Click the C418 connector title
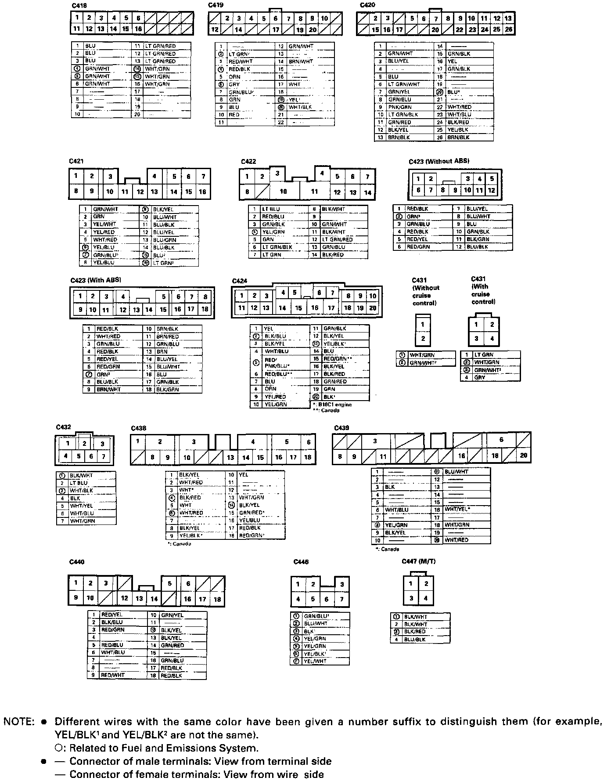point(80,5)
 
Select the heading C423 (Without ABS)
point(439,161)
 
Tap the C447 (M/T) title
point(418,561)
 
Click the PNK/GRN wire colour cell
point(399,107)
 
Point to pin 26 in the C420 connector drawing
point(508,30)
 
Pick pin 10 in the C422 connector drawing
point(283,192)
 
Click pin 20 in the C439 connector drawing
point(523,456)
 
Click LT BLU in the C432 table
point(79,483)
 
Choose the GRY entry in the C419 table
point(234,84)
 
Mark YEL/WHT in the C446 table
point(315,661)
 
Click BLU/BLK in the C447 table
point(415,640)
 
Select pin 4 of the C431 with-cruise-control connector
point(492,339)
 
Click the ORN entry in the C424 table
point(270,389)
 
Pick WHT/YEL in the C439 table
point(457,509)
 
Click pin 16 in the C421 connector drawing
point(202,192)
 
